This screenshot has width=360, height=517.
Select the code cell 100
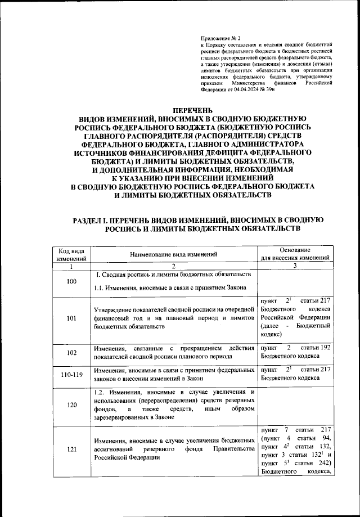(x=71, y=281)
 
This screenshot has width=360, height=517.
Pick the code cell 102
(x=71, y=353)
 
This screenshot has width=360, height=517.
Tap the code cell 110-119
(x=71, y=375)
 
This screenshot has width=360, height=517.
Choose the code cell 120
(x=71, y=404)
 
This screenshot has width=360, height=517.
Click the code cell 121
(x=71, y=449)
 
